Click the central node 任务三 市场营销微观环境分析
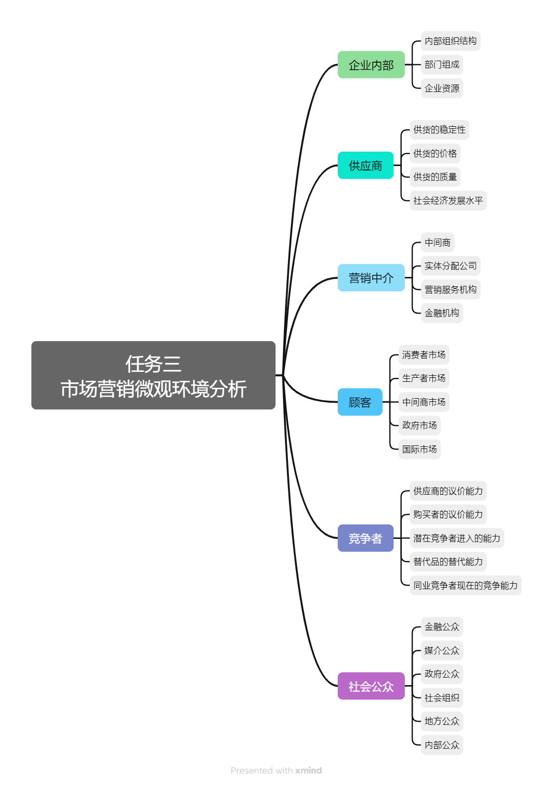pyautogui.click(x=153, y=375)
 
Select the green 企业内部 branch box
pyautogui.click(x=371, y=65)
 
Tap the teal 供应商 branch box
pyautogui.click(x=366, y=166)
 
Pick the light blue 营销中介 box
pyautogui.click(x=371, y=278)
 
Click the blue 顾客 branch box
pyautogui.click(x=360, y=402)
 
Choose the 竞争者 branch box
pyautogui.click(x=366, y=538)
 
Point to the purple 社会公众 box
pyautogui.click(x=371, y=686)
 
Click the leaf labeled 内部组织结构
pyautogui.click(x=451, y=41)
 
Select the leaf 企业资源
pyautogui.click(x=442, y=88)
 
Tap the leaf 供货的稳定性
pyautogui.click(x=440, y=130)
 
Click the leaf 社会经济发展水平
pyautogui.click(x=448, y=201)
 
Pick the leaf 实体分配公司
pyautogui.click(x=451, y=266)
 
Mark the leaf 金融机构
pyautogui.click(x=442, y=313)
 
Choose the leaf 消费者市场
pyautogui.click(x=424, y=355)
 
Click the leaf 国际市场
pyautogui.click(x=419, y=449)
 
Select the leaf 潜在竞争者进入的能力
pyautogui.click(x=457, y=538)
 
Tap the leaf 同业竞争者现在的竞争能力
pyautogui.click(x=465, y=586)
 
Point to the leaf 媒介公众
pyautogui.click(x=442, y=651)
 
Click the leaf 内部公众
pyautogui.click(x=442, y=745)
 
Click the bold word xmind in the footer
pyautogui.click(x=308, y=771)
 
